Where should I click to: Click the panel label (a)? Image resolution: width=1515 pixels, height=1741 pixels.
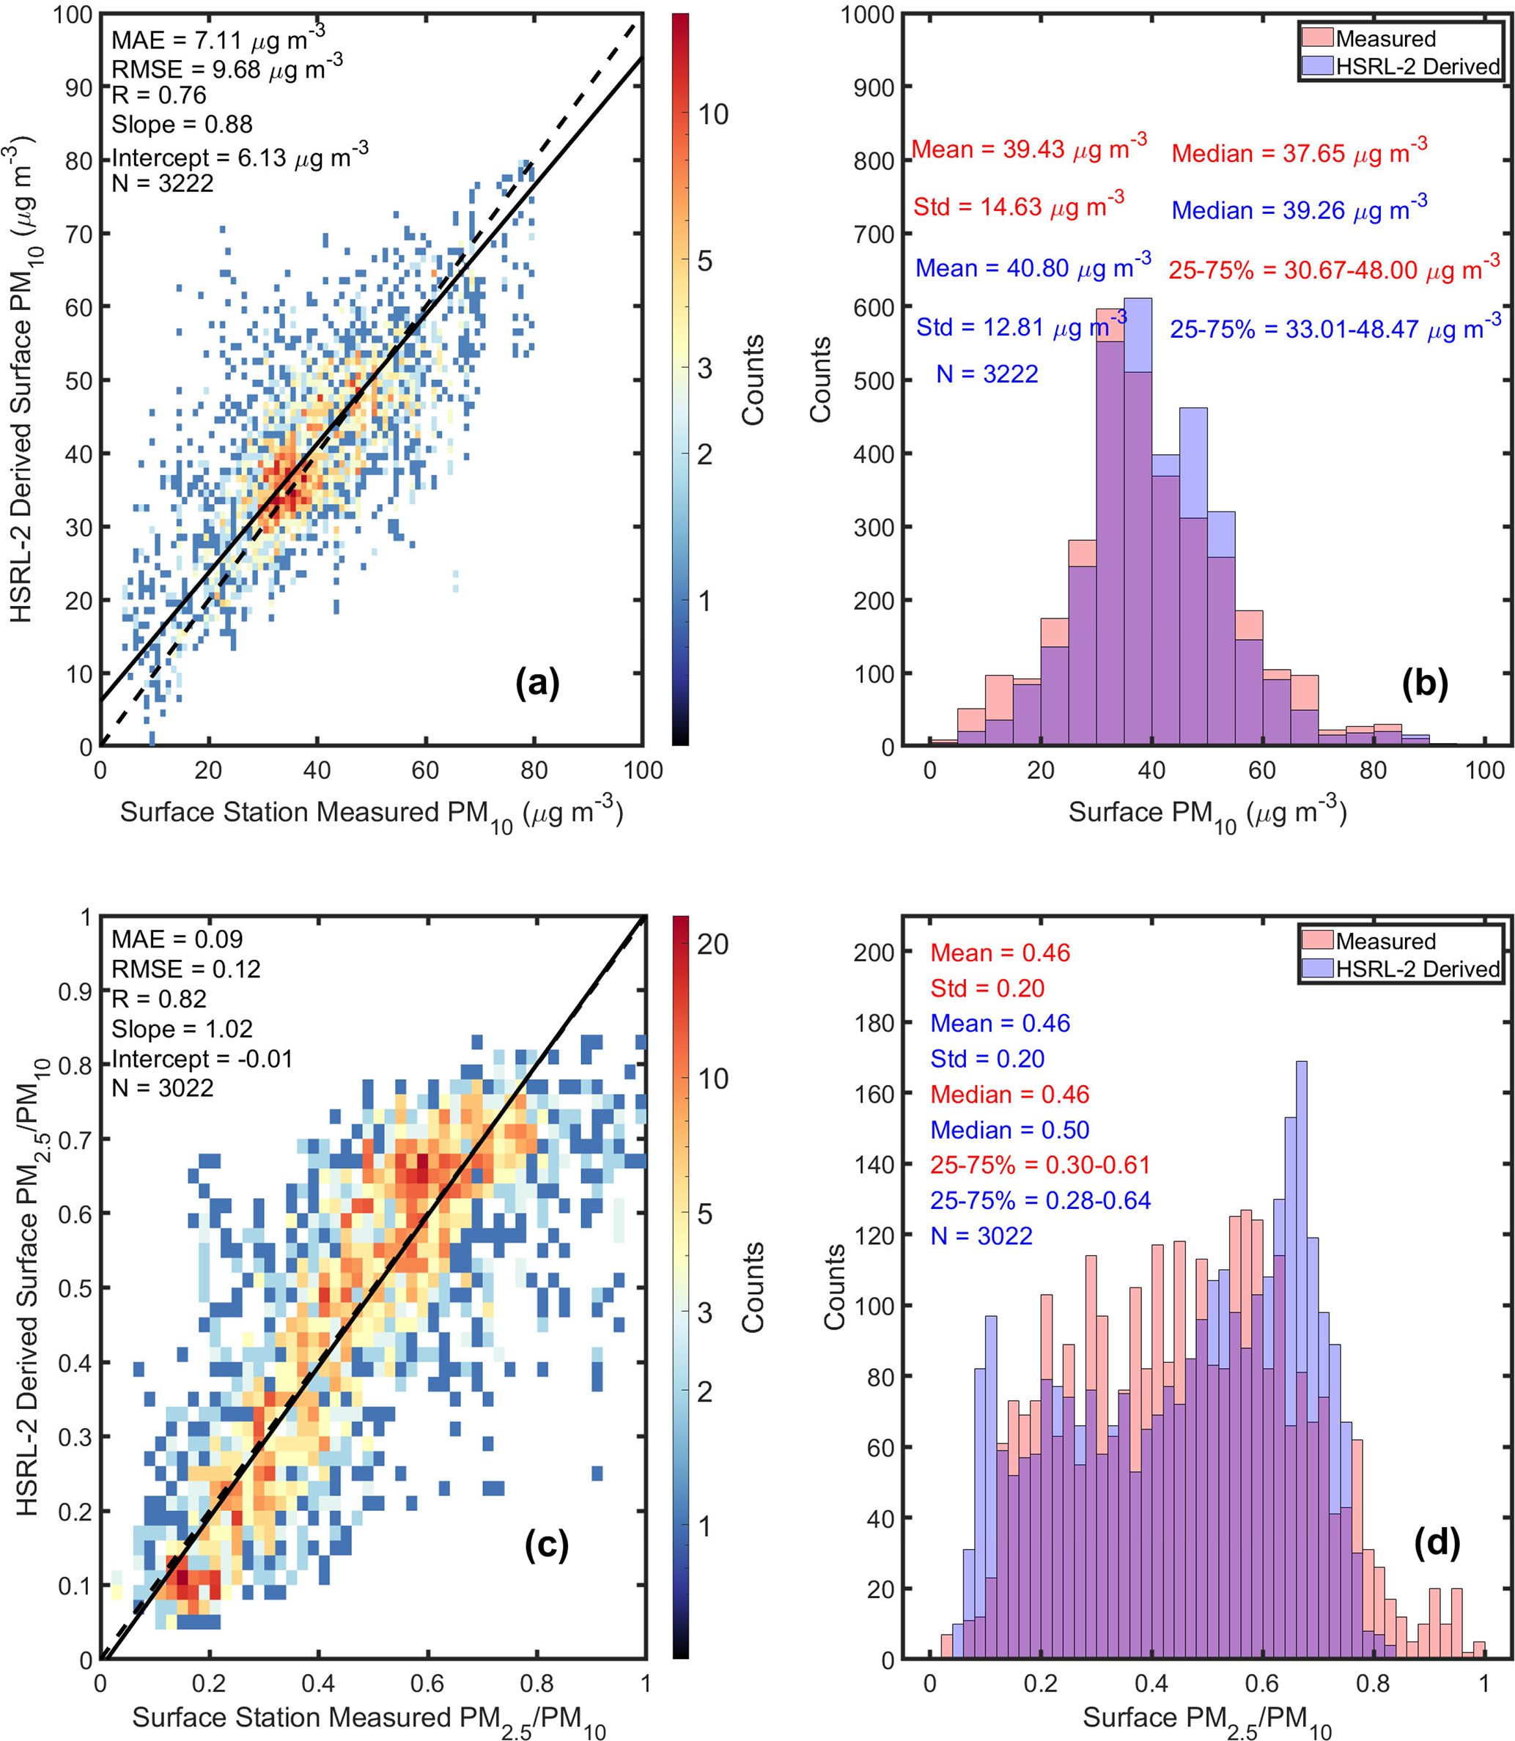[538, 682]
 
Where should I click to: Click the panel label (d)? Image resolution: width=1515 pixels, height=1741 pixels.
[1437, 1543]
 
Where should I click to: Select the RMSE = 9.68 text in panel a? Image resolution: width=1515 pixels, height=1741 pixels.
[226, 68]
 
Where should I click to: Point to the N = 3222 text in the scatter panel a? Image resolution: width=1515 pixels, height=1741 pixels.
[162, 182]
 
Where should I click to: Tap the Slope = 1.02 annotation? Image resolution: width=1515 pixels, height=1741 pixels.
[182, 1029]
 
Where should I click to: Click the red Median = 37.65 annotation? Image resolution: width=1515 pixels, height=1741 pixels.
[1299, 153]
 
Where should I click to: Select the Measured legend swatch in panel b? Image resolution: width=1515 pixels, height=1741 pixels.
[1317, 38]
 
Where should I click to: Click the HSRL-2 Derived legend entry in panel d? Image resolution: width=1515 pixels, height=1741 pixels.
[1417, 969]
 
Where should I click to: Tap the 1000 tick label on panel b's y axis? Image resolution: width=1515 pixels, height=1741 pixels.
[866, 15]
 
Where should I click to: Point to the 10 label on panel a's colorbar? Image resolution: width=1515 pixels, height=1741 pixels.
[712, 114]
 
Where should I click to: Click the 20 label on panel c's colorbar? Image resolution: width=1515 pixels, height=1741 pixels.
[712, 944]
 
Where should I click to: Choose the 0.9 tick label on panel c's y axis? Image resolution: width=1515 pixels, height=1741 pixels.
[75, 991]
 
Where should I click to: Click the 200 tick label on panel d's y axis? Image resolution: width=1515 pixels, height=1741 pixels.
[874, 952]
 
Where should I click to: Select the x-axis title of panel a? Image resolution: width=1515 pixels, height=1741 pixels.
[371, 813]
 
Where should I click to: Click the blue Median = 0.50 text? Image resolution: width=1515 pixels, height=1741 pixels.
[1009, 1130]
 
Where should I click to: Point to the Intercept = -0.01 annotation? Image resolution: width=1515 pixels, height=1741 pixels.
[202, 1058]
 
